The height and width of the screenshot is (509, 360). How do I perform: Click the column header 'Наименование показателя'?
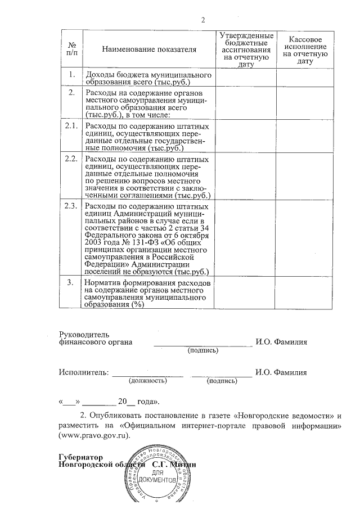pos(149,49)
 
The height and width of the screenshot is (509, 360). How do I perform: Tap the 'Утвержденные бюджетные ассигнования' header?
pos(246,49)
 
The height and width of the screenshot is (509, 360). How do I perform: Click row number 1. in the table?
pos(71,75)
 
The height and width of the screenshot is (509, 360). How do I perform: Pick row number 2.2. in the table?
pos(71,160)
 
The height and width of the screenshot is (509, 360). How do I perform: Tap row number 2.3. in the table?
pos(71,206)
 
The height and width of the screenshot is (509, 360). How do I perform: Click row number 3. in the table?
pos(71,282)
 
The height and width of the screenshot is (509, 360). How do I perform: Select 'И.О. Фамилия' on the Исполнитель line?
pos(281,372)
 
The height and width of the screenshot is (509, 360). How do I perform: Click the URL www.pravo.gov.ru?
pos(94,435)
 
